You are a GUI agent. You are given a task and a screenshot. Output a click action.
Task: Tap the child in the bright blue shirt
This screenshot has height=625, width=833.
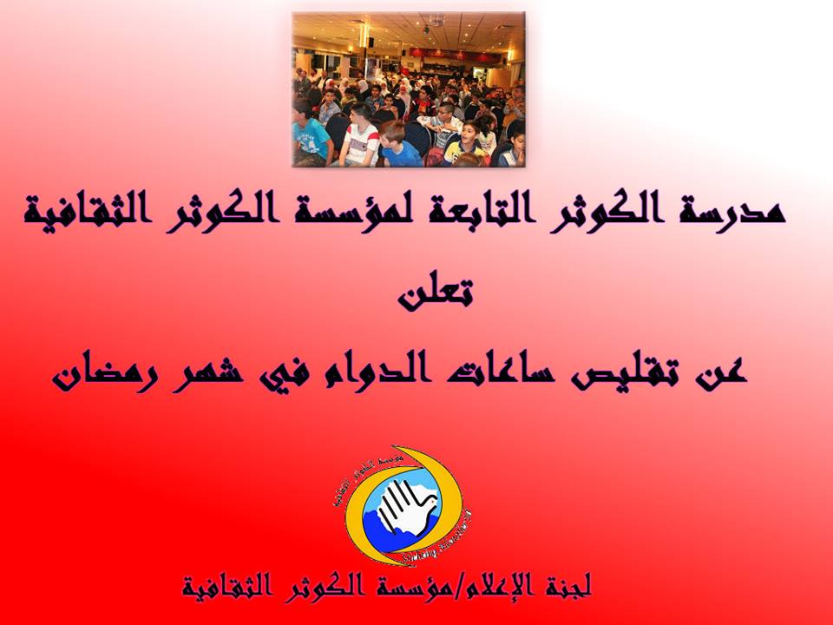[x=402, y=148]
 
